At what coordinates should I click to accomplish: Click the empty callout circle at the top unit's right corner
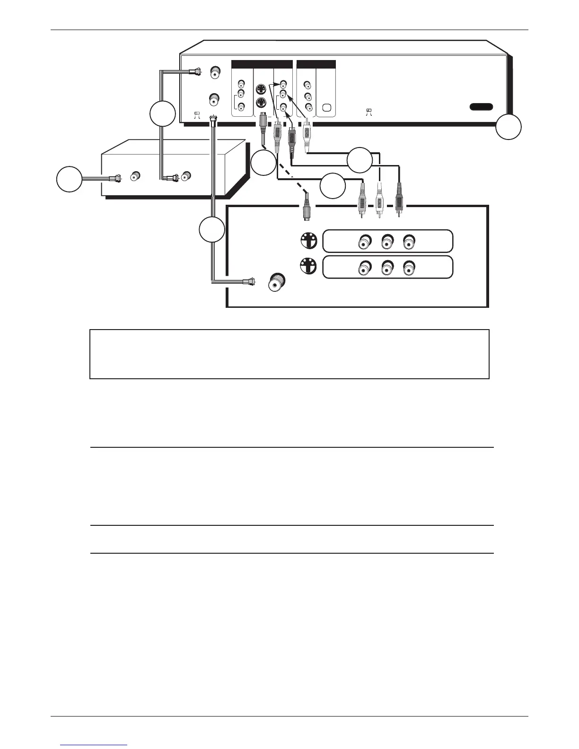(509, 127)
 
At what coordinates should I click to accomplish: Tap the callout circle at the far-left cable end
(69, 179)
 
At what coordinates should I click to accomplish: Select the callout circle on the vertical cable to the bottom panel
(211, 230)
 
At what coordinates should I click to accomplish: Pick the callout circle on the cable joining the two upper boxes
(162, 113)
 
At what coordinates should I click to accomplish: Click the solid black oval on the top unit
(481, 107)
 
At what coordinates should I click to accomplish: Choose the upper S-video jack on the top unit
(261, 88)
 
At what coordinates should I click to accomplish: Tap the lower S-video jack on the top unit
(261, 103)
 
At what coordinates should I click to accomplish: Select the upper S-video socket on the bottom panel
(308, 242)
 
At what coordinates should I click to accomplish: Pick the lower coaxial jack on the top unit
(214, 99)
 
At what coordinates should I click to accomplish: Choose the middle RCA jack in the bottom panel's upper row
(386, 243)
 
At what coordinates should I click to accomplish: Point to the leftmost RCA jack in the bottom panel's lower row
(364, 268)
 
